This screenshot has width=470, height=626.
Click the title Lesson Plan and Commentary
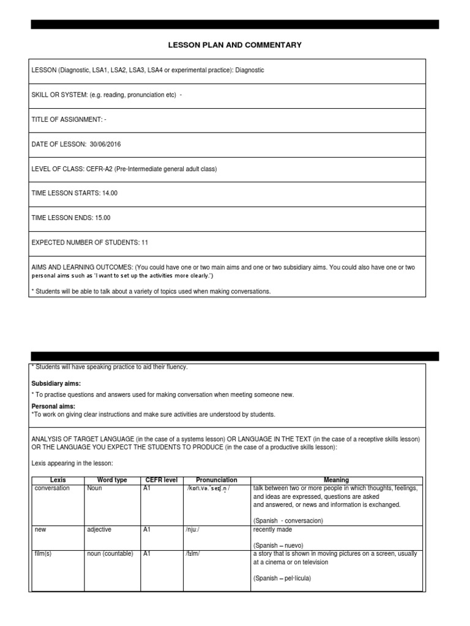point(235,45)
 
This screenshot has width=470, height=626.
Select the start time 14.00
point(110,193)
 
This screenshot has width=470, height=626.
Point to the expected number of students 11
point(144,242)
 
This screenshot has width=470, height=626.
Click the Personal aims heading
point(53,406)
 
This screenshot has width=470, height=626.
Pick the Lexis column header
point(58,481)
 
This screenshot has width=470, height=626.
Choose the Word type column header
point(113,481)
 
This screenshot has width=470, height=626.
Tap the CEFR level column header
point(161,481)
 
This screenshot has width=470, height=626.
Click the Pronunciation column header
point(216,481)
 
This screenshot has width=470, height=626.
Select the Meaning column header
point(336,481)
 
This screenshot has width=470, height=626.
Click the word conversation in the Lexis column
point(53,488)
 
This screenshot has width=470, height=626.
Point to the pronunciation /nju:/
point(193,529)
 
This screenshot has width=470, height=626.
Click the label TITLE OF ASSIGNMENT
point(67,119)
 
